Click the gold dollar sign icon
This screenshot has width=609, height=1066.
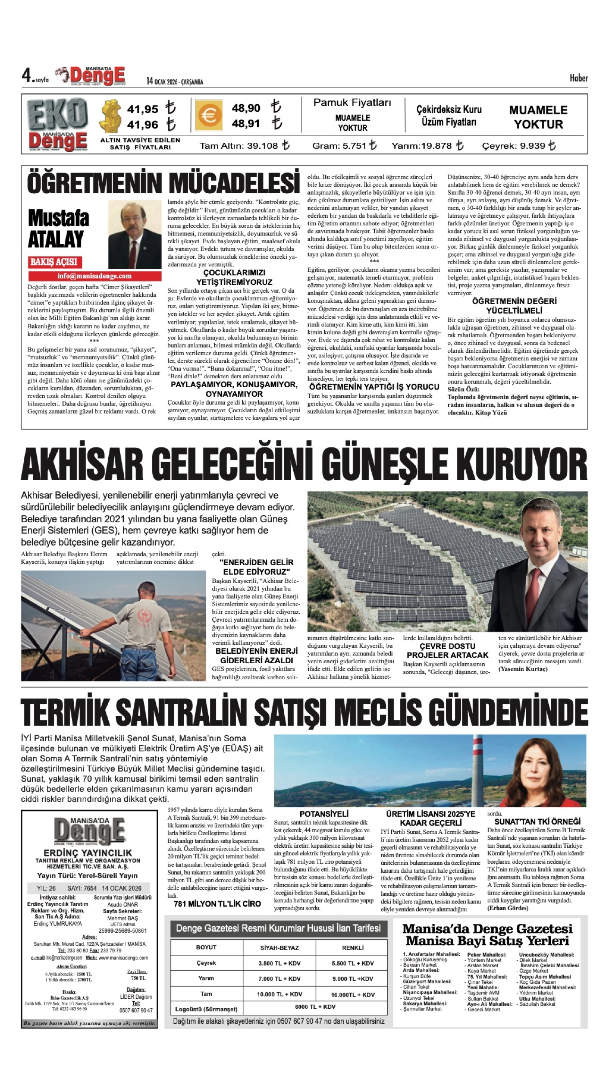tap(111, 116)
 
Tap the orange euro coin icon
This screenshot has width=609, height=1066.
tap(208, 115)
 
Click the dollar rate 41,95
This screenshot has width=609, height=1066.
tap(143, 109)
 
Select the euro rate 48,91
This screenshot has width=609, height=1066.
tap(246, 124)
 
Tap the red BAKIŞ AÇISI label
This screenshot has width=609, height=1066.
tap(54, 262)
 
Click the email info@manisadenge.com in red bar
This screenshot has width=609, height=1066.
tap(95, 276)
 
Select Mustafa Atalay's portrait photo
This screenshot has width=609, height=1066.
tap(135, 235)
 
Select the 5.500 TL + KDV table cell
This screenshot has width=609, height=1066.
tap(353, 963)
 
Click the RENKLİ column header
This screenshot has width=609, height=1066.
tap(353, 948)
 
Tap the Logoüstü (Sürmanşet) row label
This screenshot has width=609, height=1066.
tap(206, 1009)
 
